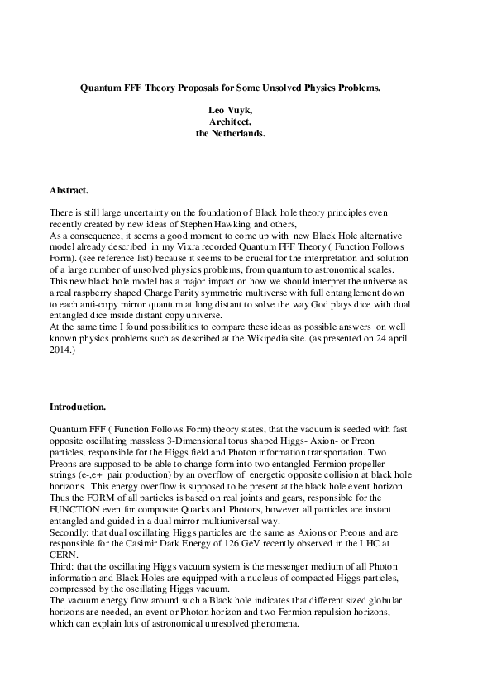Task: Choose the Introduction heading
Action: pyautogui.click(x=78, y=408)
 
